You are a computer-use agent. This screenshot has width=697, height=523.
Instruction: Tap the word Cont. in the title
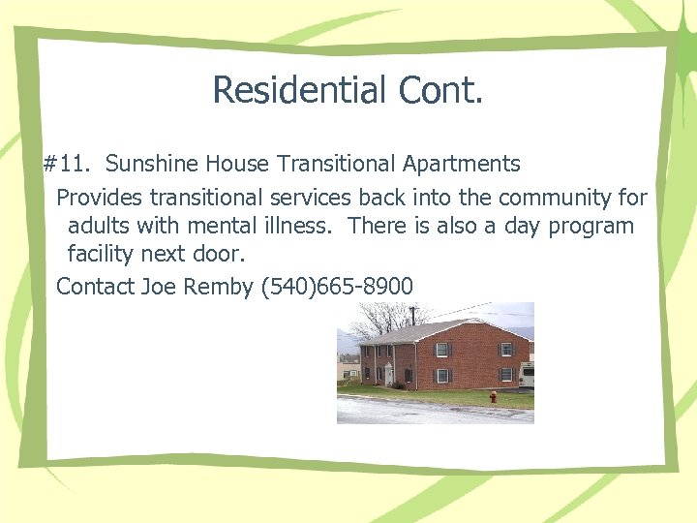pos(438,90)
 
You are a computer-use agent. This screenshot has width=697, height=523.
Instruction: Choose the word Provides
pos(98,198)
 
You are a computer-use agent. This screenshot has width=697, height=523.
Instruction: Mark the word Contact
pos(95,287)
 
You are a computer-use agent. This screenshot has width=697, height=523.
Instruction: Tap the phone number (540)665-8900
pos(337,287)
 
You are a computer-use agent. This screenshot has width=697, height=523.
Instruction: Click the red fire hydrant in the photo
pos(493,396)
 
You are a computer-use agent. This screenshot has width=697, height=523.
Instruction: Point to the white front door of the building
pos(388,374)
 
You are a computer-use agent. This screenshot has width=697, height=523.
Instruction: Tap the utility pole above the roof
pos(412,315)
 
